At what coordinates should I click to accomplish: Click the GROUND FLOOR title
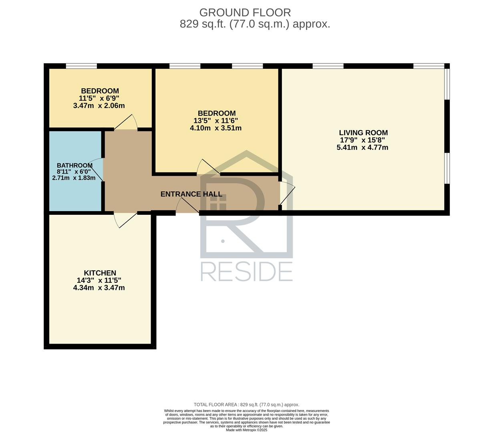[x=245, y=13]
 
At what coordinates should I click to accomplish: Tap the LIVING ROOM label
[x=363, y=133]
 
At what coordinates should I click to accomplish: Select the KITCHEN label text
[x=100, y=273]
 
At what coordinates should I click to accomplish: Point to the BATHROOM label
[x=74, y=166]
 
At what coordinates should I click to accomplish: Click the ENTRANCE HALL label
[x=191, y=194]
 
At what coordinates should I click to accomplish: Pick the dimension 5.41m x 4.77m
[x=362, y=147]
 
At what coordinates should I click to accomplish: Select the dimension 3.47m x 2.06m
[x=99, y=106]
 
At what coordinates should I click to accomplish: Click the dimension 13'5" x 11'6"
[x=215, y=120]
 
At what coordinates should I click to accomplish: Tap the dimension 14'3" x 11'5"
[x=99, y=280]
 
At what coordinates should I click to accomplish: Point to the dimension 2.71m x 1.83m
[x=74, y=178]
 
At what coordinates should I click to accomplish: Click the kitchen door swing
[x=125, y=220]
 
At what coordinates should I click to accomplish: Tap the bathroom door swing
[x=97, y=170]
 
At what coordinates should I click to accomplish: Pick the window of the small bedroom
[x=81, y=66]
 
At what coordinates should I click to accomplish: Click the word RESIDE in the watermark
[x=247, y=272]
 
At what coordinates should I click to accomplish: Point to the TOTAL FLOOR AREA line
[x=247, y=404]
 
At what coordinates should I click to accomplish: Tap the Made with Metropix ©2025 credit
[x=247, y=430]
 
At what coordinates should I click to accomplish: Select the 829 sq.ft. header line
[x=255, y=24]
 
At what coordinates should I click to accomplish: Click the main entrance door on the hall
[x=187, y=206]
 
